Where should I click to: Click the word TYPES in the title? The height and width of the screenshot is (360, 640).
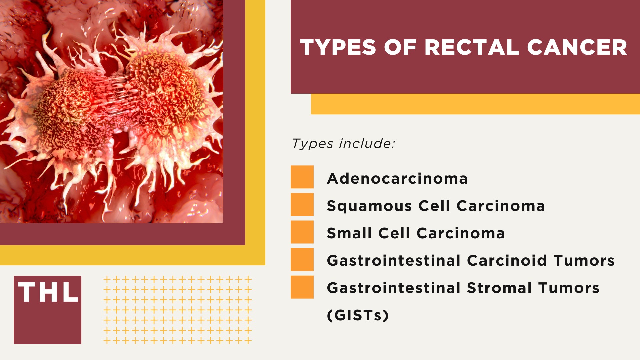338,47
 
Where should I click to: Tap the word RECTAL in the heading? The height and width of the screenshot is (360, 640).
471,47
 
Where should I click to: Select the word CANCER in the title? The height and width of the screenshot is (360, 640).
577,47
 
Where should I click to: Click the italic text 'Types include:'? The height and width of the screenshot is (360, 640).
343,144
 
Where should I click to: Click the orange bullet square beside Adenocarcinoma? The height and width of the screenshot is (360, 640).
302,177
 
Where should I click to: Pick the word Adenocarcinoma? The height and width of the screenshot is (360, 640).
397,179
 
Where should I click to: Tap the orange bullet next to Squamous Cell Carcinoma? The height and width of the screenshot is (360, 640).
302,204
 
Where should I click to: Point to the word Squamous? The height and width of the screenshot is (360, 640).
369,206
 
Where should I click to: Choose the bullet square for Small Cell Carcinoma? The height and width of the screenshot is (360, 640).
302,232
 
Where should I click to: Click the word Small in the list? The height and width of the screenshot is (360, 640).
349,233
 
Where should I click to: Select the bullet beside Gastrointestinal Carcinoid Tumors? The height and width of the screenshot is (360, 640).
302,259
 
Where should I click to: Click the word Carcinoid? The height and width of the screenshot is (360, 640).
507,261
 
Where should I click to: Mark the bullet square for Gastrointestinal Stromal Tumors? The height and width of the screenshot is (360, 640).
302,287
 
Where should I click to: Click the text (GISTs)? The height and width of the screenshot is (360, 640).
358,315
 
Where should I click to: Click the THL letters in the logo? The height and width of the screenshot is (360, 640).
48,292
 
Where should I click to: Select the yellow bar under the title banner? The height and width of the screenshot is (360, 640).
475,104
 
